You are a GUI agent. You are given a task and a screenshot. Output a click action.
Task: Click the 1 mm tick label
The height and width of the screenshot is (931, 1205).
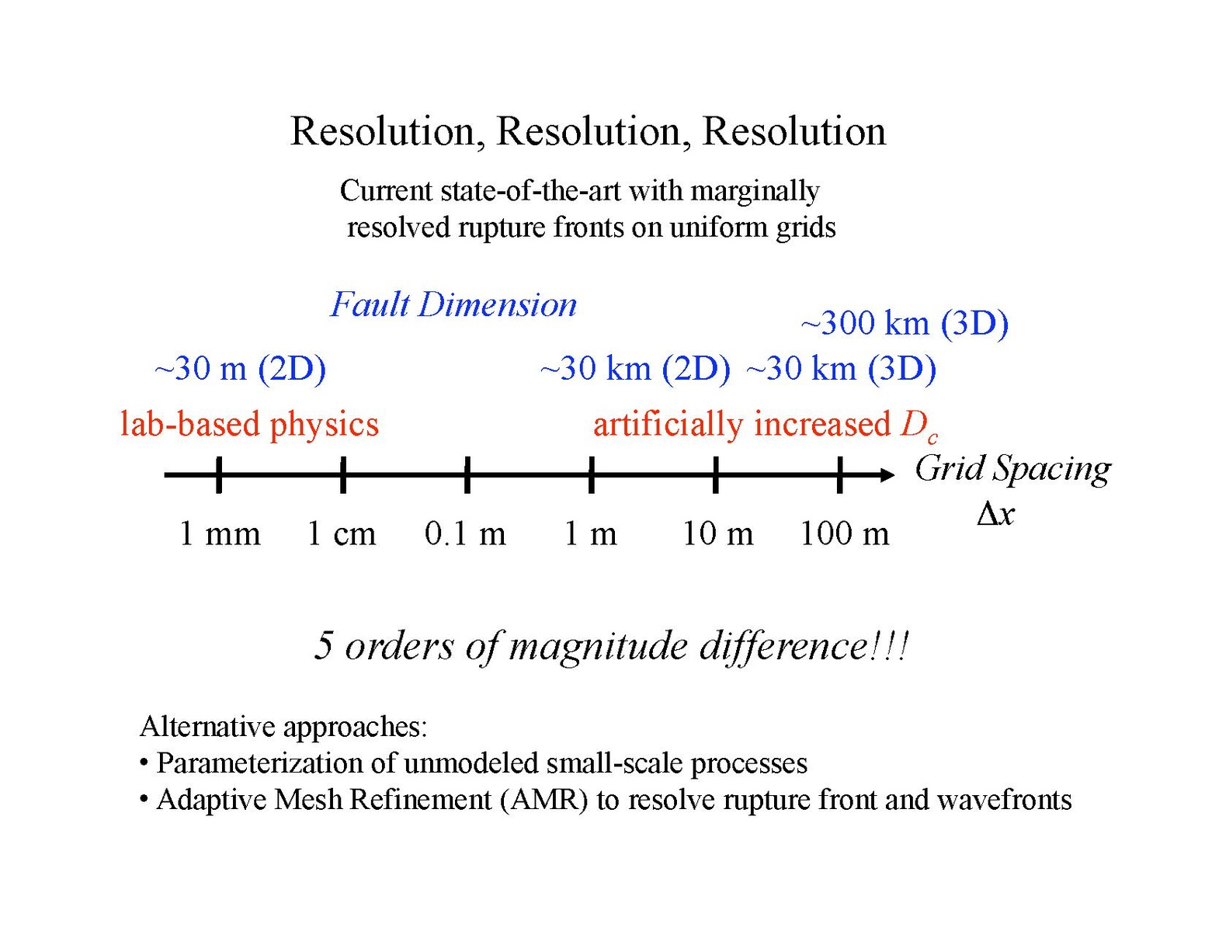pos(220,534)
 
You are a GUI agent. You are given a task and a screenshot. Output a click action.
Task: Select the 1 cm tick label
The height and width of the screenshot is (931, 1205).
pos(342,534)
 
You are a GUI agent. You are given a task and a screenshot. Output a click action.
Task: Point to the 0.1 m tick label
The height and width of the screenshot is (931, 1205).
pos(465,534)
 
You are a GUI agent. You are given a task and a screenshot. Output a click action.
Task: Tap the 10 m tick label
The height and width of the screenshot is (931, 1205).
pos(717,534)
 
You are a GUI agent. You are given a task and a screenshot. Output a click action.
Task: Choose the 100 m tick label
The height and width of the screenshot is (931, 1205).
pos(844,534)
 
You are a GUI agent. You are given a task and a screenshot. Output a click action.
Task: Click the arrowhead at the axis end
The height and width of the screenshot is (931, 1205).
pos(887,474)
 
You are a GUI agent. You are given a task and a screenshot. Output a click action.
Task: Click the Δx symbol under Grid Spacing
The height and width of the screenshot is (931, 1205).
pos(995,514)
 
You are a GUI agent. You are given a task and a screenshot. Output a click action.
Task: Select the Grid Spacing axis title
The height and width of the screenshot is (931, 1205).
pos(1012,469)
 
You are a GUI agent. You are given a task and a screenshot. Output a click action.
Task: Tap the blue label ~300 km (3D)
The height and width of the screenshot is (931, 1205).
pos(905,323)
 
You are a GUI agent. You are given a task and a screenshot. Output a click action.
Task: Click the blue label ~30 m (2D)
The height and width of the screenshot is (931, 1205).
pos(240,368)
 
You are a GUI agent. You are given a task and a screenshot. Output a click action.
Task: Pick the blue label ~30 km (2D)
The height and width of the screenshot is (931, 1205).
pos(635,368)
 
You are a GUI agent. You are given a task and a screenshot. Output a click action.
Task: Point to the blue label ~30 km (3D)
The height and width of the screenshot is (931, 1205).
pos(841,368)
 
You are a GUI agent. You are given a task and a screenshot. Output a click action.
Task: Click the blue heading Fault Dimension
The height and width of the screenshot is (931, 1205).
pos(453,304)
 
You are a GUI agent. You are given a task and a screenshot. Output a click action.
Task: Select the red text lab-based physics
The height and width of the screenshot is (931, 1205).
pos(249,425)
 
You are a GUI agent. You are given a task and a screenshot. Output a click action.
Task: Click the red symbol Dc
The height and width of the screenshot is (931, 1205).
pos(919,426)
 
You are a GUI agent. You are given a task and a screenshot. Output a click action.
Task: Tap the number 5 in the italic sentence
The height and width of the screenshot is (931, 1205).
pos(324,646)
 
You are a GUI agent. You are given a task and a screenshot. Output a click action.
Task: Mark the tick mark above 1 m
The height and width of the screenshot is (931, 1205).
pos(591,474)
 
